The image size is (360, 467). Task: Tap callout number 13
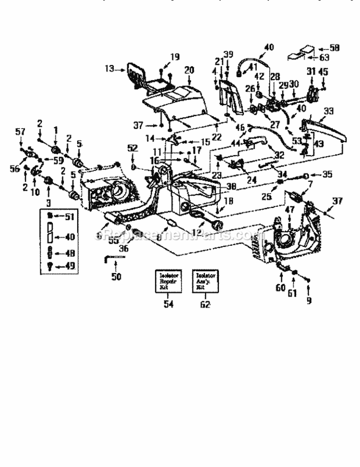[109, 69]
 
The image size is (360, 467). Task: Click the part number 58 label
[335, 48]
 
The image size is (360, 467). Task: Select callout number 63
[325, 58]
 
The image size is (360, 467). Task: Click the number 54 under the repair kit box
[168, 304]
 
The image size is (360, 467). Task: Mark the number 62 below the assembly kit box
[205, 304]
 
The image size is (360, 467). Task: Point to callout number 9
[309, 300]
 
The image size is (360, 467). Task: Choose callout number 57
[20, 131]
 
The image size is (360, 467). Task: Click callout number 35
[327, 175]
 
